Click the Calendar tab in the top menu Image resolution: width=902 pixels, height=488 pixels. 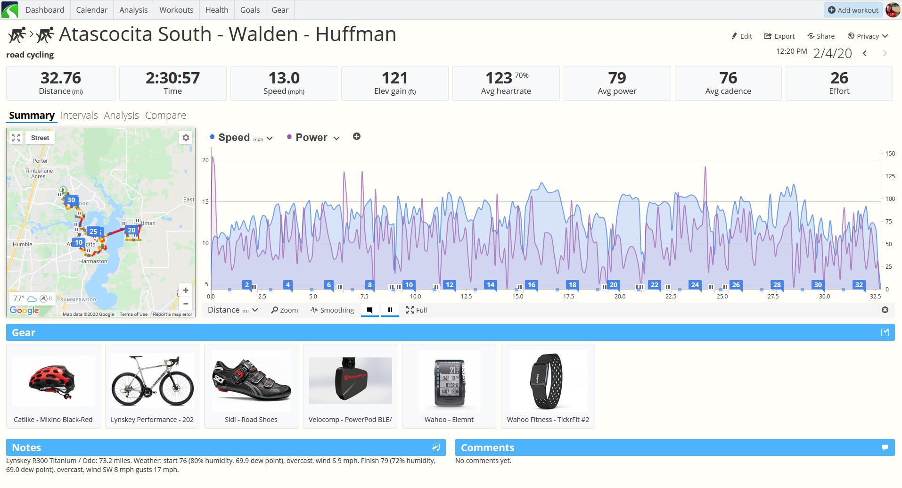coord(91,10)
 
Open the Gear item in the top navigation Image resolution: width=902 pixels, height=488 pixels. coord(280,10)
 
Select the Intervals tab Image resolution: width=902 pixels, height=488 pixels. coord(79,116)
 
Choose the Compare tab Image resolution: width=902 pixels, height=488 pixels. coord(165,116)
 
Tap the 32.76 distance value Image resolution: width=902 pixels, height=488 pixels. coord(61,78)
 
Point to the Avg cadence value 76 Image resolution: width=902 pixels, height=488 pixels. coord(728,78)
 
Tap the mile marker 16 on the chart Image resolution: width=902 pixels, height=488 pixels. coord(532,285)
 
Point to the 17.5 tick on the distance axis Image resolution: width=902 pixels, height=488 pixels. coord(569,297)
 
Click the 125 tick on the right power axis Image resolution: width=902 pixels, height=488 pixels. coord(890,176)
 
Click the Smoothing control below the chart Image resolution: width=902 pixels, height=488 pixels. coord(332,310)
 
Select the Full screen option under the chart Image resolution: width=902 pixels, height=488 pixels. coord(416,310)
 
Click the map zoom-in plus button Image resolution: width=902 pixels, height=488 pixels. coord(186,290)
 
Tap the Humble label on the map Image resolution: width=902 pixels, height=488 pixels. coord(23,244)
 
